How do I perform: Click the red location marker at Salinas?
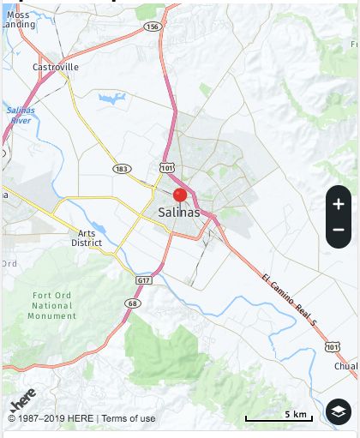click(180, 195)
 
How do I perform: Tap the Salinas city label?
click(179, 213)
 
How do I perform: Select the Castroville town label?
click(56, 67)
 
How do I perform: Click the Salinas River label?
click(19, 115)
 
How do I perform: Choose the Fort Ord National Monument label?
click(52, 306)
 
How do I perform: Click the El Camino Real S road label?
click(290, 300)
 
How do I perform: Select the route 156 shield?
click(153, 27)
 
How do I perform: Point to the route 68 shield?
click(133, 303)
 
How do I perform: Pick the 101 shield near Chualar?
click(333, 346)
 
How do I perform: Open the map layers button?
click(339, 411)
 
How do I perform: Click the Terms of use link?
click(129, 418)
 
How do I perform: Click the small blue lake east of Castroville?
click(111, 99)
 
